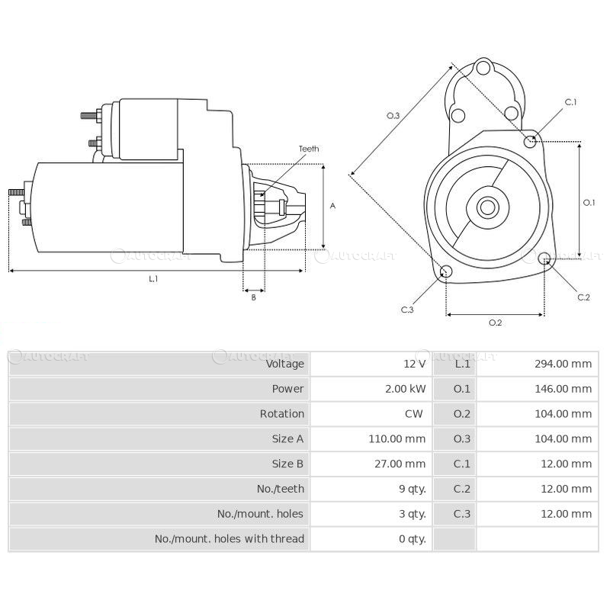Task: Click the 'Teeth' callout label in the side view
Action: pyautogui.click(x=309, y=149)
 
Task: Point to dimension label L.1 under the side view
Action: pyautogui.click(x=152, y=279)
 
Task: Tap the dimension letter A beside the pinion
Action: pyautogui.click(x=332, y=206)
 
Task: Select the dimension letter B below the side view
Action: pyautogui.click(x=253, y=297)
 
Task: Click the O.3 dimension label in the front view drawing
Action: pyautogui.click(x=393, y=115)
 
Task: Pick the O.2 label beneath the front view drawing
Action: pyautogui.click(x=495, y=323)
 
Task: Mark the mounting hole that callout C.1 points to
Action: pyautogui.click(x=531, y=140)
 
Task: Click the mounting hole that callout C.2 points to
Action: pyautogui.click(x=544, y=260)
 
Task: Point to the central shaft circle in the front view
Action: pyautogui.click(x=487, y=207)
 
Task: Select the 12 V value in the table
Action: pyautogui.click(x=415, y=364)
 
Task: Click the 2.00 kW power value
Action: pyautogui.click(x=406, y=389)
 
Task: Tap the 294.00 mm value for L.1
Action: pyautogui.click(x=563, y=364)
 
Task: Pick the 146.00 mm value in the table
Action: pyautogui.click(x=563, y=389)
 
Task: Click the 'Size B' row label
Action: pyautogui.click(x=287, y=464)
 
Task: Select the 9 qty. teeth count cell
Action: pyautogui.click(x=412, y=489)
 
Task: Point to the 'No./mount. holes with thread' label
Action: pyautogui.click(x=230, y=539)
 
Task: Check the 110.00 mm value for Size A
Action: pyautogui.click(x=396, y=439)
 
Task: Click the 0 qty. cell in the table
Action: pyautogui.click(x=412, y=539)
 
